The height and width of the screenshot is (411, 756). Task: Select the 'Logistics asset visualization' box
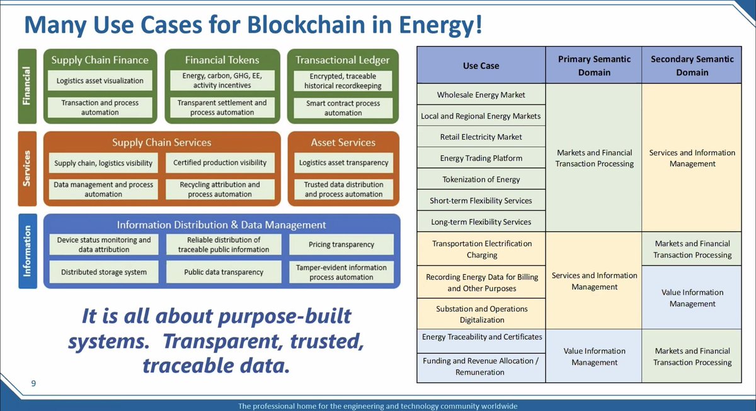(100, 81)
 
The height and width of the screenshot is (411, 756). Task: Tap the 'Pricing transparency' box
(341, 244)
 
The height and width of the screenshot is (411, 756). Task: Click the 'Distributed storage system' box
(104, 273)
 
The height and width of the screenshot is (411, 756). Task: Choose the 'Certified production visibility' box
(220, 162)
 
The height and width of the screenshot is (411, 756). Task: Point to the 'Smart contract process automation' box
(343, 108)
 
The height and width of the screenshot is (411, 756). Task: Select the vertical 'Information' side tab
(27, 251)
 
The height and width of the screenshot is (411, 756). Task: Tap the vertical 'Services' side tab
(27, 168)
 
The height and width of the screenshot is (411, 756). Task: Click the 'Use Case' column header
(481, 65)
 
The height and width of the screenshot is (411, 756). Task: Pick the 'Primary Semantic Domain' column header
(594, 65)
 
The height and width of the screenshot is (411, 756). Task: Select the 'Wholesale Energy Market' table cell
(481, 95)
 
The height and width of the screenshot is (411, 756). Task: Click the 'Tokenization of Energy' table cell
(481, 179)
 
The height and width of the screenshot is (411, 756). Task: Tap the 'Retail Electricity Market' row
(481, 137)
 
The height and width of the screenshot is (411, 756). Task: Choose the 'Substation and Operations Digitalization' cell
(481, 314)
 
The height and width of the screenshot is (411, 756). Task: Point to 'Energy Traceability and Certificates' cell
(481, 337)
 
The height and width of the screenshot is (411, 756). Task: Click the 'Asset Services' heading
(343, 142)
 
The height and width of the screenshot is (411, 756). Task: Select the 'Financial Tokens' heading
(222, 60)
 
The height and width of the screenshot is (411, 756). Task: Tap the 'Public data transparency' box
(224, 273)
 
